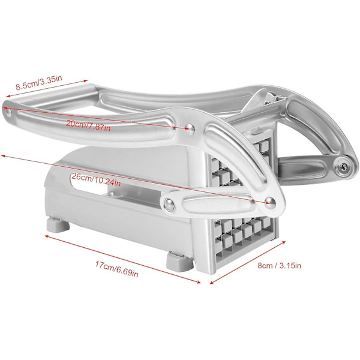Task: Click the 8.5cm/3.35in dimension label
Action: click(39, 83)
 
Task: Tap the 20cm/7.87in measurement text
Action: click(88, 125)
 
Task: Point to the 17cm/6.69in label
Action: click(117, 269)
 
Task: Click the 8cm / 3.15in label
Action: click(279, 266)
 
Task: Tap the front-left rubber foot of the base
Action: click(58, 224)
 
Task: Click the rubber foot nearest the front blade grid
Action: click(180, 261)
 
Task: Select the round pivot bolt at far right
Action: click(343, 166)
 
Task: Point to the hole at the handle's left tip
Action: click(8, 112)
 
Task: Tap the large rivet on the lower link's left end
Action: click(169, 205)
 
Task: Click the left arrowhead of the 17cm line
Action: click(46, 236)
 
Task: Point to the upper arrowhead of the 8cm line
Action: click(284, 242)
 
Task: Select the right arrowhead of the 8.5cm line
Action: click(86, 80)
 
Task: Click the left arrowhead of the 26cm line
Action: click(3, 156)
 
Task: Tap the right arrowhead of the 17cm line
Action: click(199, 282)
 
